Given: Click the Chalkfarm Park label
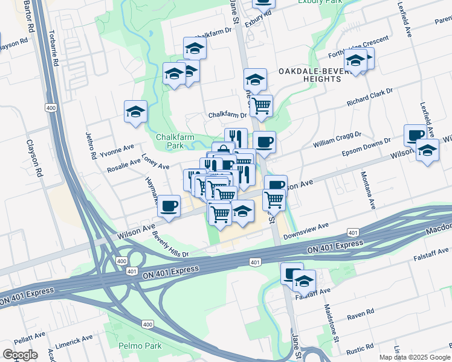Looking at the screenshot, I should tap(175, 141).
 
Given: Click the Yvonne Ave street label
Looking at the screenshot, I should tap(117, 147).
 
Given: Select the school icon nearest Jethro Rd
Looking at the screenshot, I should tap(136, 112).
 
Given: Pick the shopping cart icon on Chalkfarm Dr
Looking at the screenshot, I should tap(261, 106).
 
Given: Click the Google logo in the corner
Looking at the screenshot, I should tap(20, 354).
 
